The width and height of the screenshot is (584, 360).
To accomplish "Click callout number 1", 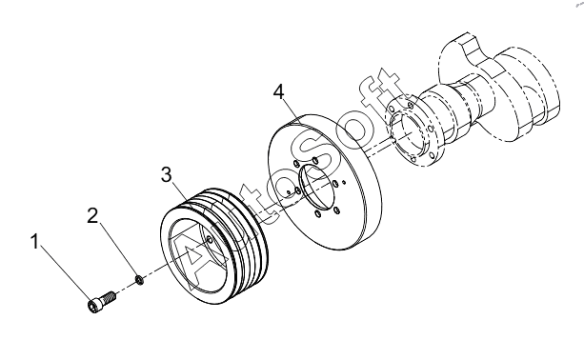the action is (x=34, y=242).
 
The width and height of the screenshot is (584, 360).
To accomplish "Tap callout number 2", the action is (x=92, y=215).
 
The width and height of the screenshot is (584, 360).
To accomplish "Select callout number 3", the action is (x=167, y=174).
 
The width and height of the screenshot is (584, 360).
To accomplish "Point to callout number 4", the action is (x=278, y=92).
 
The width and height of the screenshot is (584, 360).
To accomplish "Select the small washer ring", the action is (x=140, y=280).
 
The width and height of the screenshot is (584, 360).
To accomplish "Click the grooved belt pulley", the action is (x=214, y=247).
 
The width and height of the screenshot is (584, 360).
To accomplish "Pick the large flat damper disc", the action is (x=325, y=182).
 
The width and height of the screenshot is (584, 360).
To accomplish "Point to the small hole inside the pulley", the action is (x=209, y=240).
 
